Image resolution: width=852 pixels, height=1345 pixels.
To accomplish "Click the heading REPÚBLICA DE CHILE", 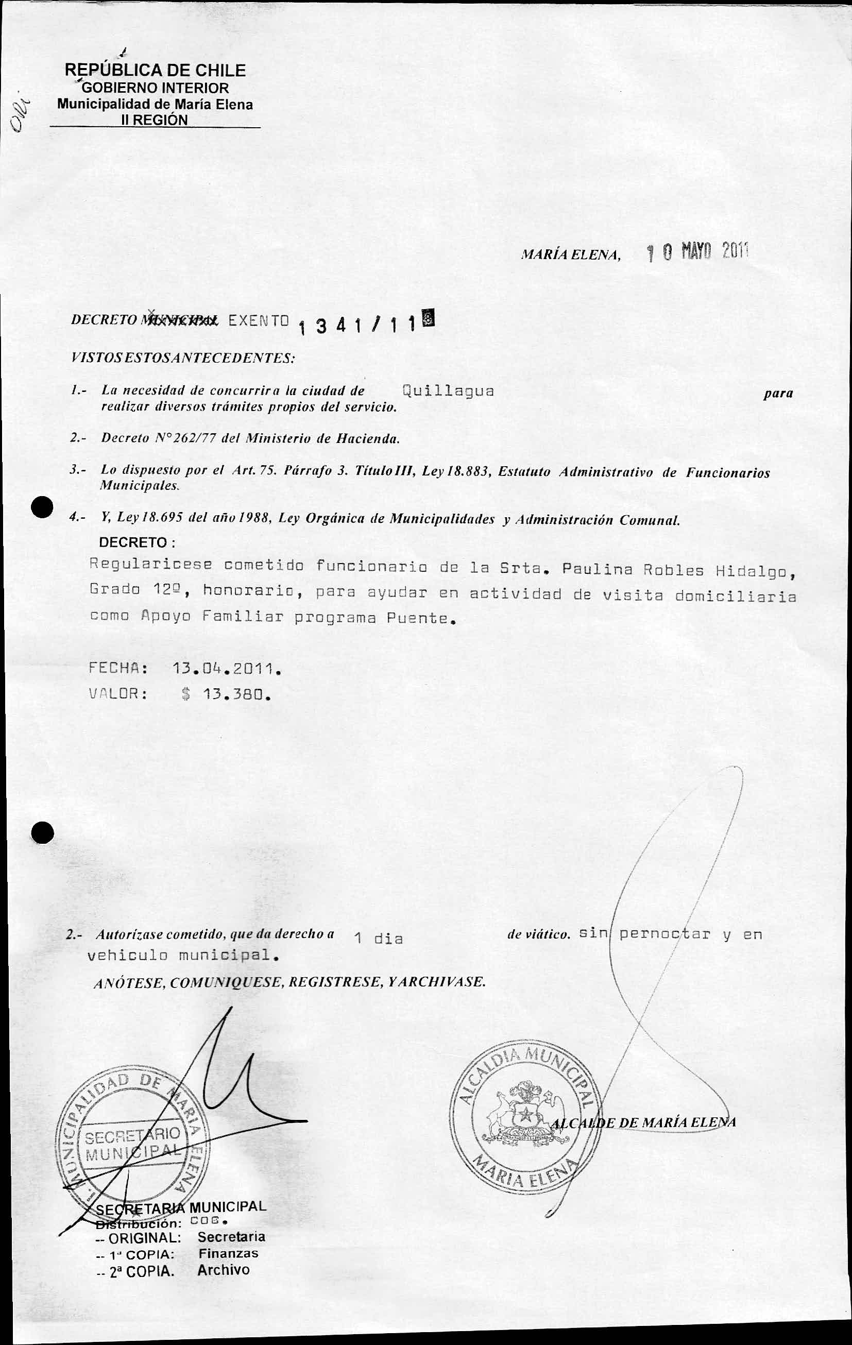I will pyautogui.click(x=156, y=71).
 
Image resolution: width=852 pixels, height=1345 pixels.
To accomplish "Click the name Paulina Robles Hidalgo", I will pyautogui.click(x=678, y=570).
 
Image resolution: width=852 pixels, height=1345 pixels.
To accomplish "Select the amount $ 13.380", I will pyautogui.click(x=227, y=695).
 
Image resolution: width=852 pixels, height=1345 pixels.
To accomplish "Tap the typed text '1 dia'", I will pyautogui.click(x=378, y=939).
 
